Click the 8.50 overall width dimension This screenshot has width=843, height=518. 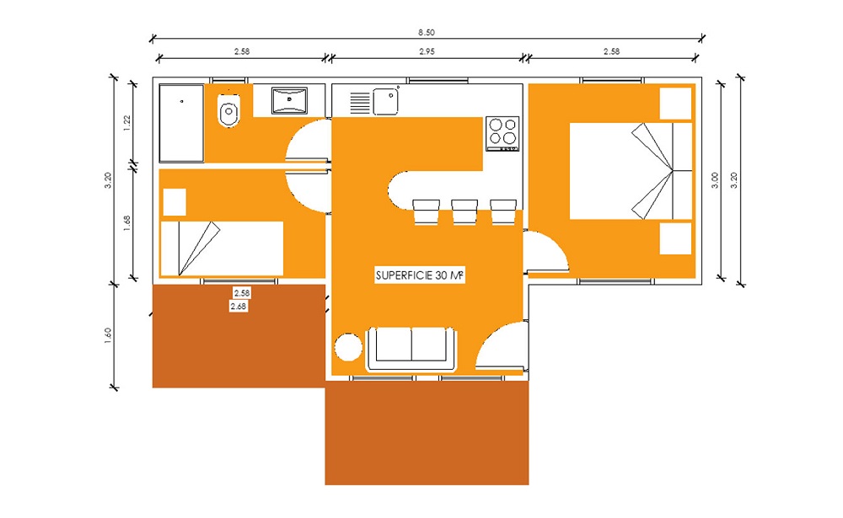tap(427, 32)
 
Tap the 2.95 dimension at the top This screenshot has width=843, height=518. tap(427, 51)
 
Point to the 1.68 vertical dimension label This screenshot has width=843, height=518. tap(127, 223)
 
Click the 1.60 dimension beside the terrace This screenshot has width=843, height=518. tap(108, 335)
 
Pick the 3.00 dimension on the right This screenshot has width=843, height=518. tap(715, 180)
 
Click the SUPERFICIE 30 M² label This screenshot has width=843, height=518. tap(419, 275)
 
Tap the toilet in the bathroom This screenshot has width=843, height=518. tap(229, 109)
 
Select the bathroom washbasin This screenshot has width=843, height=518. tap(289, 100)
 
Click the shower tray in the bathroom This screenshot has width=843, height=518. tap(182, 123)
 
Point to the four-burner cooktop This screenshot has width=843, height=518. tap(502, 133)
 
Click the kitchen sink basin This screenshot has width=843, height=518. tap(385, 102)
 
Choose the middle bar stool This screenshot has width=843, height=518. tap(464, 211)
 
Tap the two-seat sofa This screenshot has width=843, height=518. tap(411, 349)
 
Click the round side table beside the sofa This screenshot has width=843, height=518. tap(348, 346)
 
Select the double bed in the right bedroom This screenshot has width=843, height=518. tap(631, 171)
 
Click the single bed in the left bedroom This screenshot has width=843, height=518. tap(222, 248)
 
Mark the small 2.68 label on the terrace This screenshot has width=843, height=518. tap(239, 307)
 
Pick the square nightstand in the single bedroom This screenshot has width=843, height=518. tap(175, 202)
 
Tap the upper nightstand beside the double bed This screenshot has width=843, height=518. tap(675, 104)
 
